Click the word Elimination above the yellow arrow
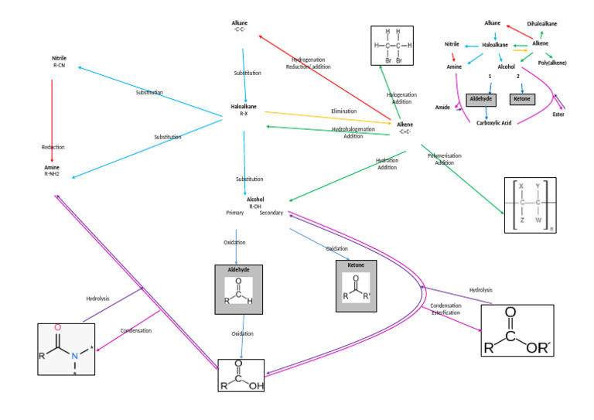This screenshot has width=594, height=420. [343, 111]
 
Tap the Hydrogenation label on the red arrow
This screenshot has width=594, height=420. [309, 60]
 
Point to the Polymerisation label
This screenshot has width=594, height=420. [444, 155]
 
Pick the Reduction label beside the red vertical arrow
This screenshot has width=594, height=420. [53, 146]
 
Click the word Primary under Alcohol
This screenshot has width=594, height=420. [234, 213]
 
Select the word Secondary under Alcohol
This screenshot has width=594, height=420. [271, 213]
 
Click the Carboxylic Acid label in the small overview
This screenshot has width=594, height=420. [495, 122]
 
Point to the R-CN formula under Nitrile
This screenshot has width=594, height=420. [60, 67]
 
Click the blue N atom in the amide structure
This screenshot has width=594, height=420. [74, 357]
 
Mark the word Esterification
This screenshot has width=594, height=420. [446, 314]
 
